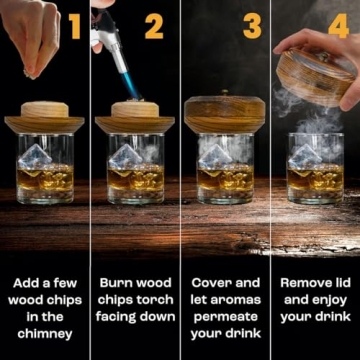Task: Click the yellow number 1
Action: click(74, 26)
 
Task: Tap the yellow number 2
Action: click(153, 26)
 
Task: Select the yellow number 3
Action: click(252, 26)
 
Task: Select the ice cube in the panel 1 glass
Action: click(36, 156)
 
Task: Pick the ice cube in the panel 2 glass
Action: click(125, 156)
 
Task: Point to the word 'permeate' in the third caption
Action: click(225, 317)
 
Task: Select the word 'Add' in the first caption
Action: click(23, 283)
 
